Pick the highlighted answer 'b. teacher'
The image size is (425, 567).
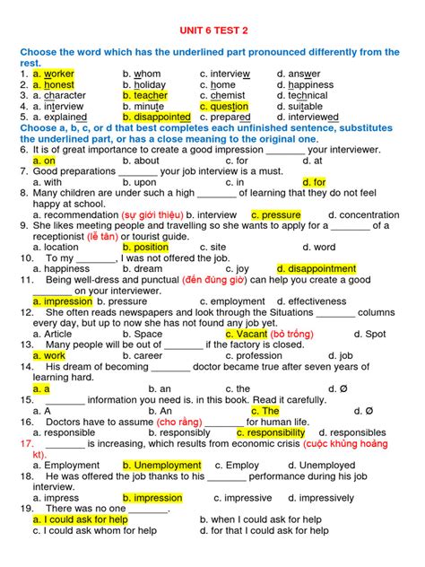click(x=145, y=95)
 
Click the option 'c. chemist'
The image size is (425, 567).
click(x=222, y=95)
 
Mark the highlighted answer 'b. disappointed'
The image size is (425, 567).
click(x=157, y=117)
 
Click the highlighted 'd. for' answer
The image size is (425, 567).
click(x=314, y=182)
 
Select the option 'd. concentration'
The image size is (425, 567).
click(x=363, y=215)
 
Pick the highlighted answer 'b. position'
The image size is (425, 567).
click(x=145, y=248)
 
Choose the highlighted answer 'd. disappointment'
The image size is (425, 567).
click(x=317, y=269)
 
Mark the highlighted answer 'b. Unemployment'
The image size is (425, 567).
click(x=162, y=466)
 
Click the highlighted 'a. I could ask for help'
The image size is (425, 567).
click(x=80, y=519)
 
